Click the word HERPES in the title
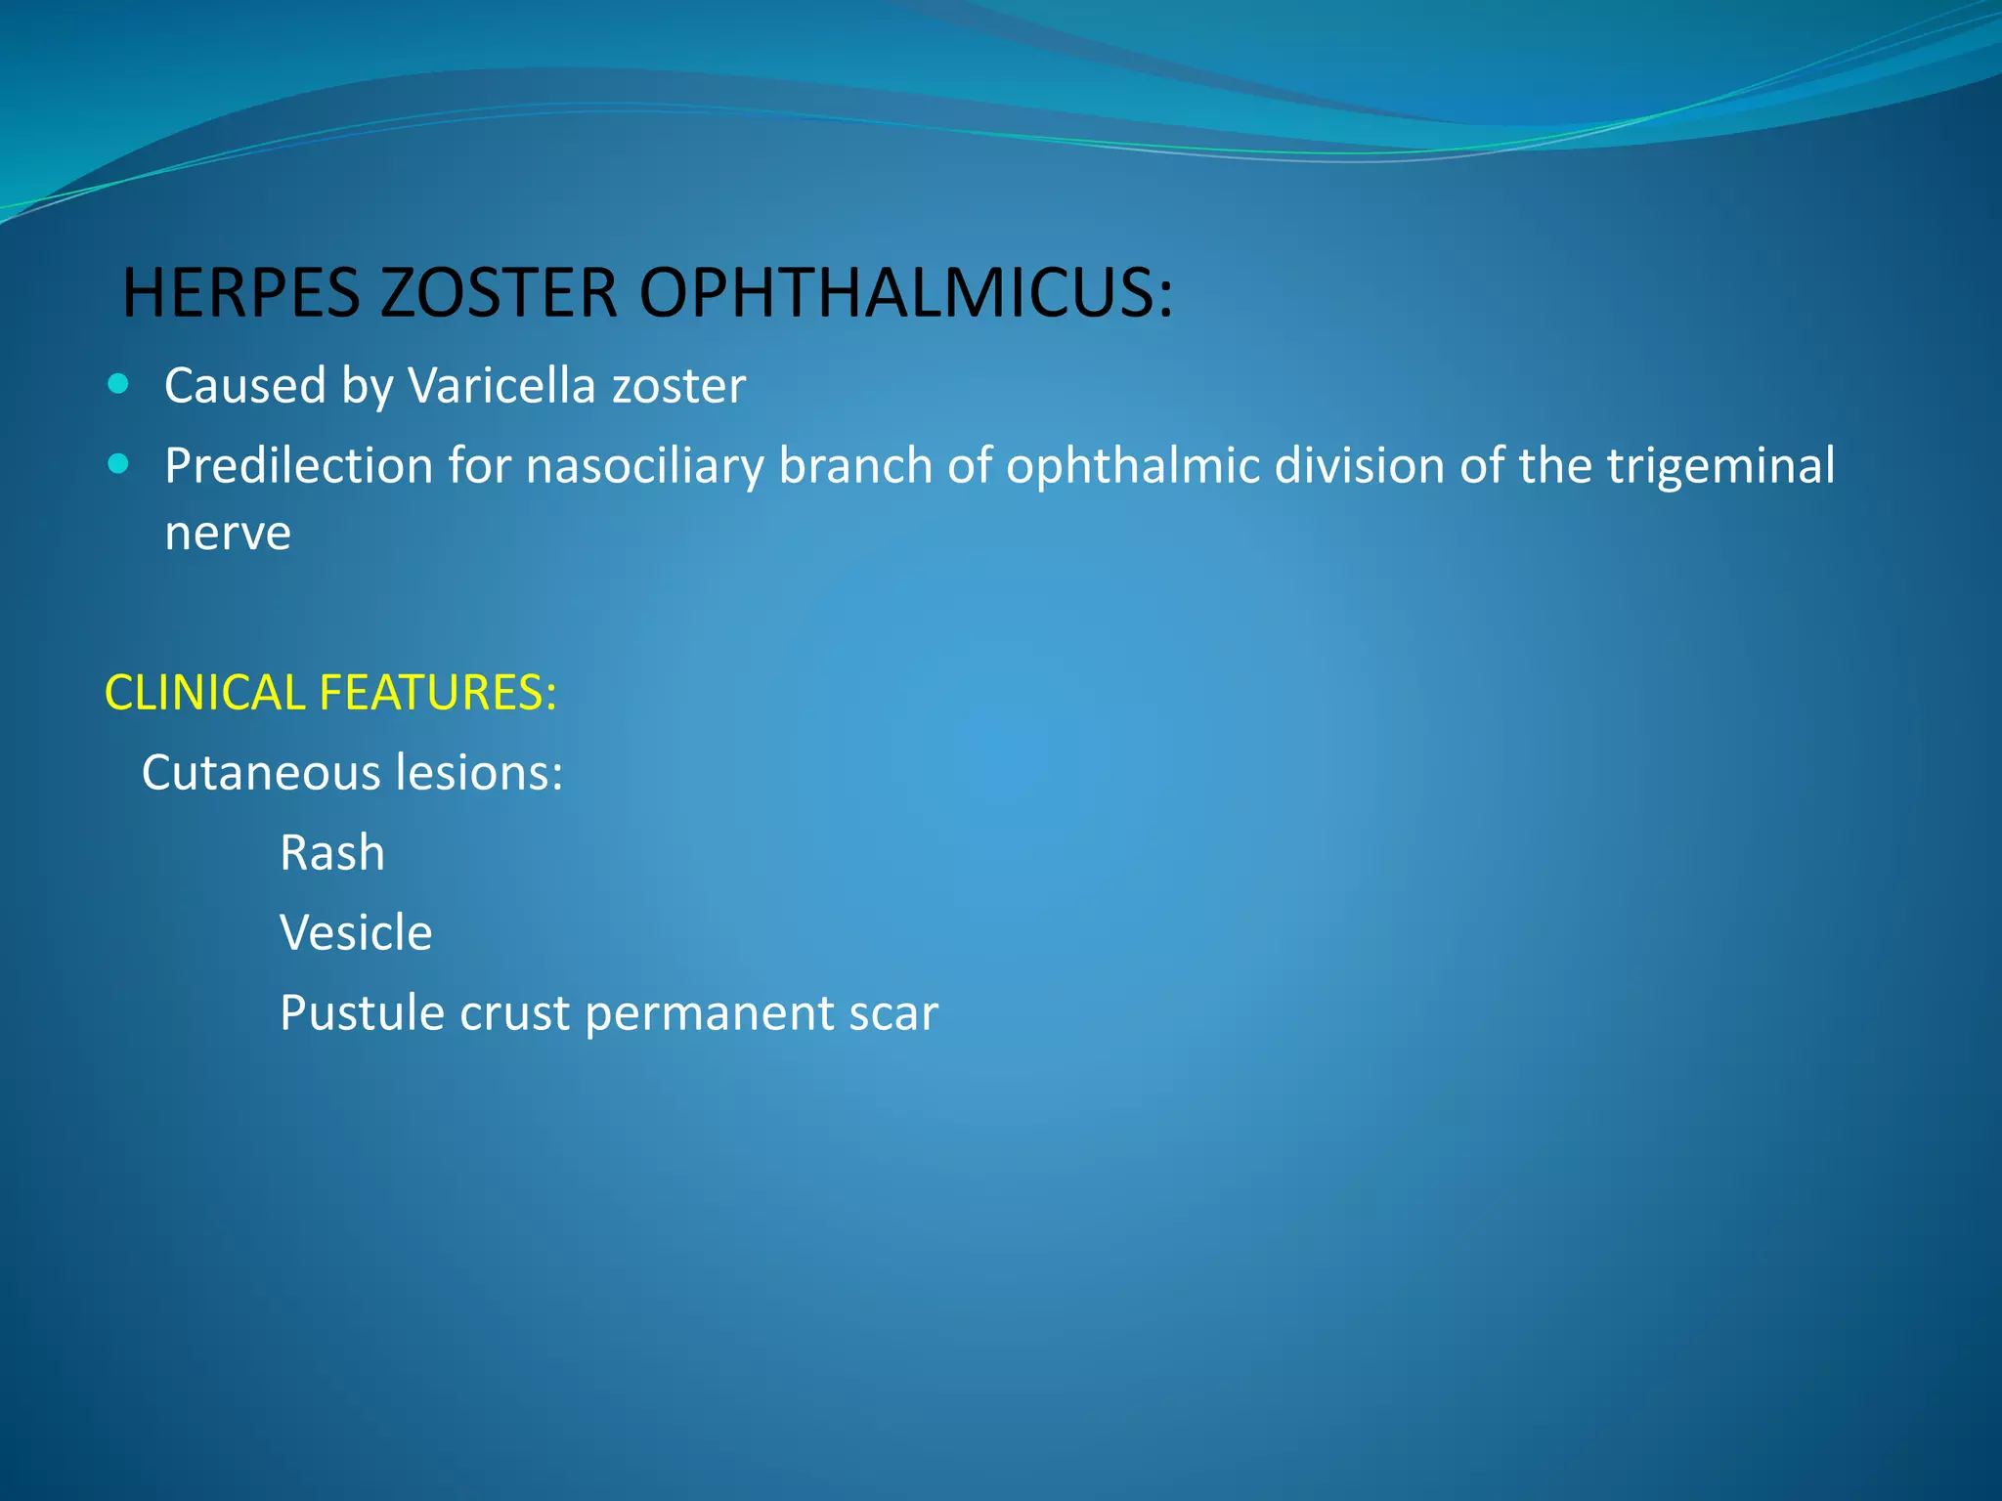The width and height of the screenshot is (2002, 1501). point(240,292)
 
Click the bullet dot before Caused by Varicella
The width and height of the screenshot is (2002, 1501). point(118,384)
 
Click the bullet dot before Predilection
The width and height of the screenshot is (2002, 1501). point(118,464)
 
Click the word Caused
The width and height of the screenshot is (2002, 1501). point(245,385)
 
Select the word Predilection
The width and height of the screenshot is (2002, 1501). point(298,465)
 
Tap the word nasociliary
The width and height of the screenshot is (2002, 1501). point(645,465)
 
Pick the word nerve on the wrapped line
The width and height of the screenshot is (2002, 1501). point(228,534)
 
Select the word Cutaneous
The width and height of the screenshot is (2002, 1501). point(261,772)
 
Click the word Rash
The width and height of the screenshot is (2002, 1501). point(332,852)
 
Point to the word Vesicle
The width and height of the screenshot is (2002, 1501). point(356,932)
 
